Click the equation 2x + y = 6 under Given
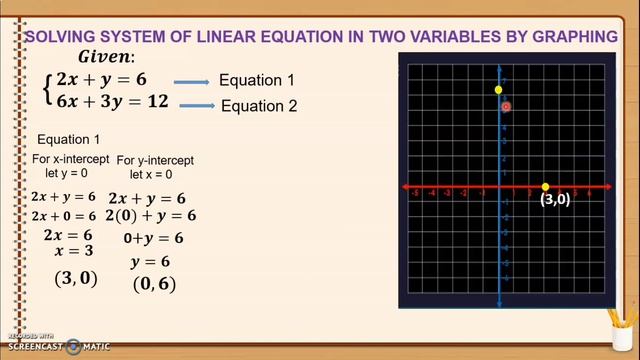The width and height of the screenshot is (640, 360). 101,79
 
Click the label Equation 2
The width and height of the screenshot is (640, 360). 259,105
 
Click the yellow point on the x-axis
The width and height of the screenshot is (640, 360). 545,187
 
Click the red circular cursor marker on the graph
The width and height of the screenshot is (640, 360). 506,105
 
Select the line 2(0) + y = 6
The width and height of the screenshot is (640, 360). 151,216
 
